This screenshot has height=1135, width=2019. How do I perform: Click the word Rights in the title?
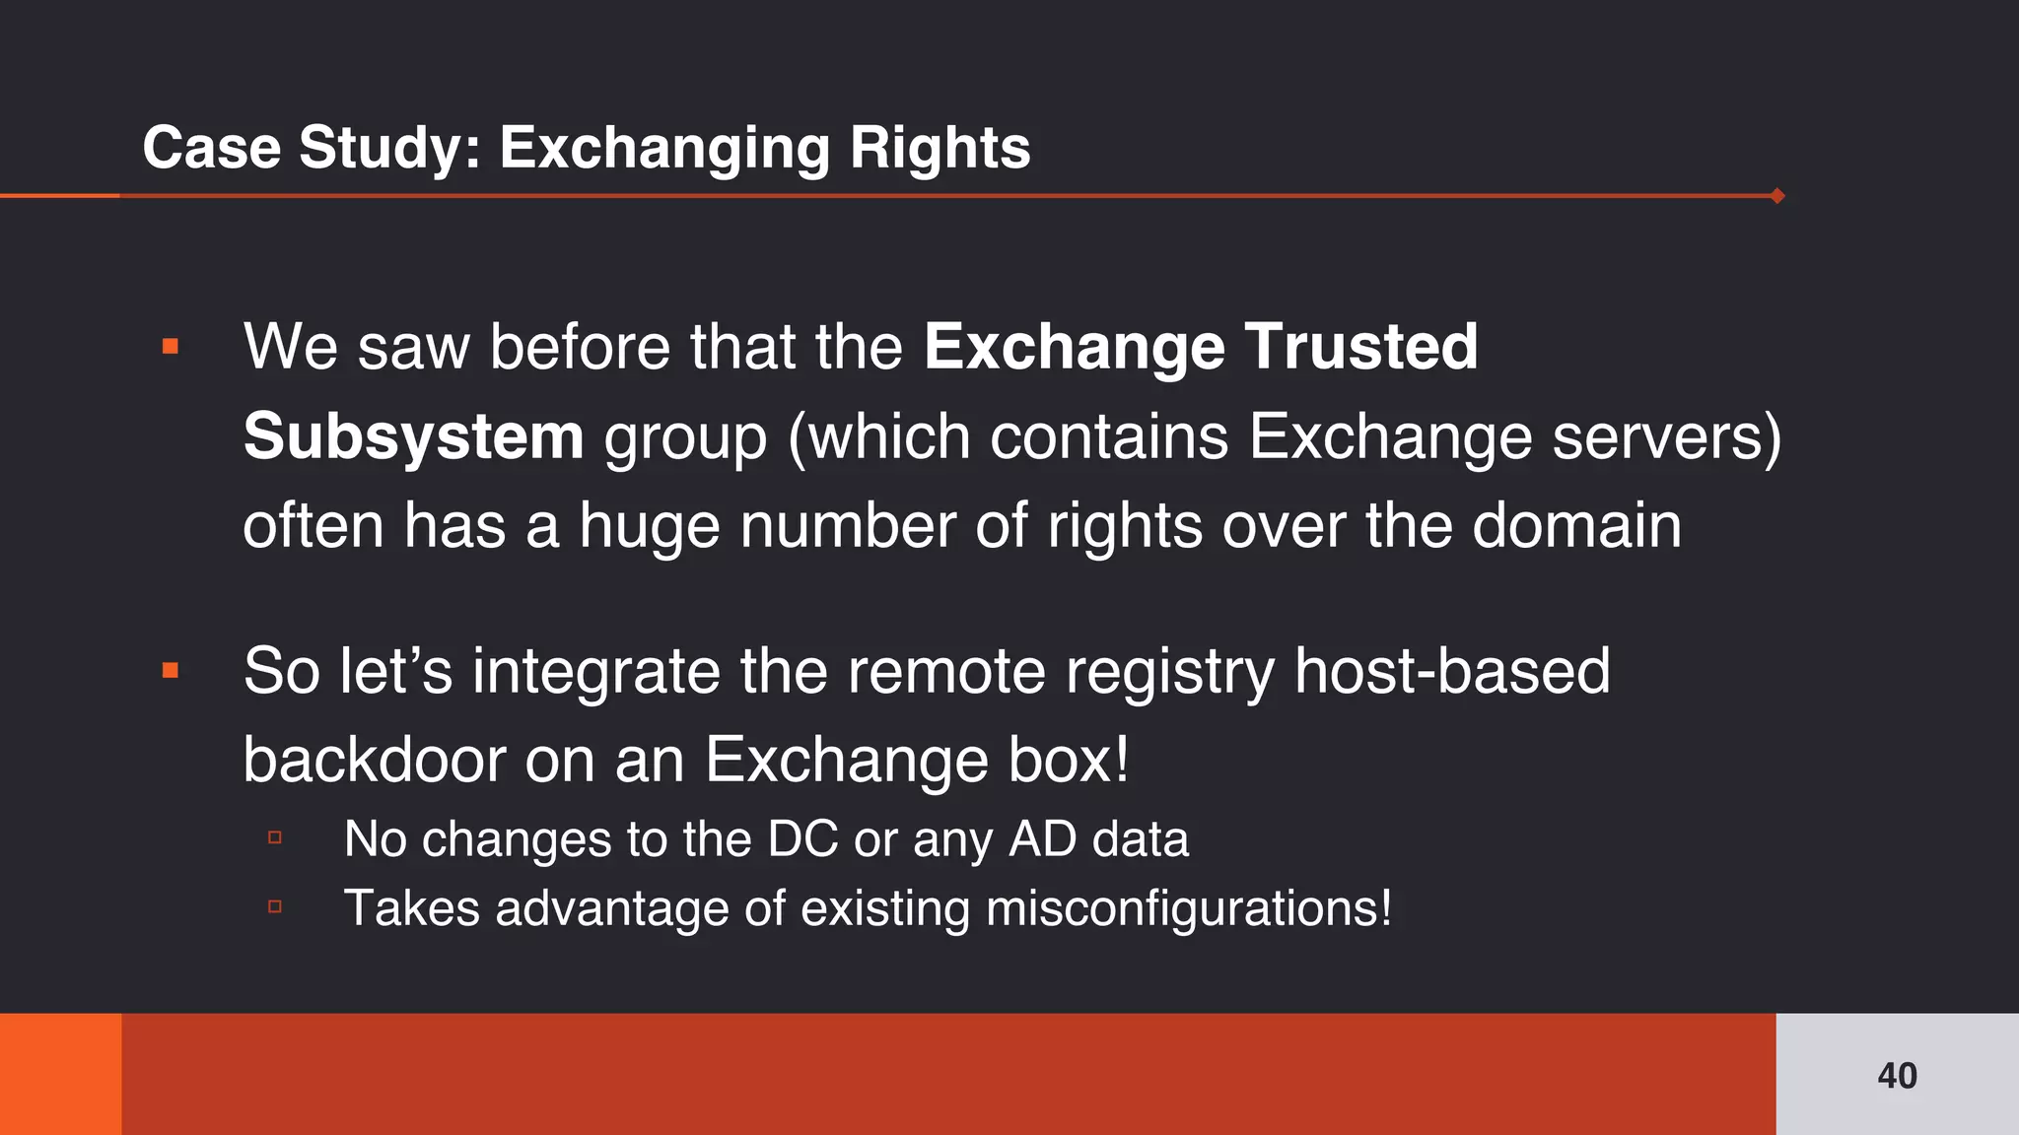[x=940, y=148]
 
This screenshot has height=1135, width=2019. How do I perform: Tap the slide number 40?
[x=1897, y=1076]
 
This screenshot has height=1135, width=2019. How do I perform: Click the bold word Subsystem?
[x=413, y=436]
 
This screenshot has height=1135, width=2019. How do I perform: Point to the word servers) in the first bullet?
[x=1667, y=436]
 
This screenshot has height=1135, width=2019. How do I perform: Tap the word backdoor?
[x=374, y=760]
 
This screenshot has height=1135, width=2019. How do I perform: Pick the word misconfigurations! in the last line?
[x=1189, y=907]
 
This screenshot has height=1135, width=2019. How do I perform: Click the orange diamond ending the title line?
[x=1777, y=196]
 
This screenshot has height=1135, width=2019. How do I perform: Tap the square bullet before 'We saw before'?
[x=171, y=346]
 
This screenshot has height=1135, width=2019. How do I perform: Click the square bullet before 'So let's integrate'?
[x=171, y=671]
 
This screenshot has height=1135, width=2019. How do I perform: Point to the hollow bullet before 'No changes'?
[x=275, y=838]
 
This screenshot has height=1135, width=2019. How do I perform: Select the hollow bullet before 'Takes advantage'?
[x=275, y=906]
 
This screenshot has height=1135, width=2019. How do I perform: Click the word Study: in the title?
[x=389, y=148]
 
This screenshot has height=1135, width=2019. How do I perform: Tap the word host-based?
[x=1451, y=671]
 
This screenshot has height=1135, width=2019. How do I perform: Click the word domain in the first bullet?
[x=1576, y=525]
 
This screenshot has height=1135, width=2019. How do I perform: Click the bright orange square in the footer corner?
[x=60, y=1074]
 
